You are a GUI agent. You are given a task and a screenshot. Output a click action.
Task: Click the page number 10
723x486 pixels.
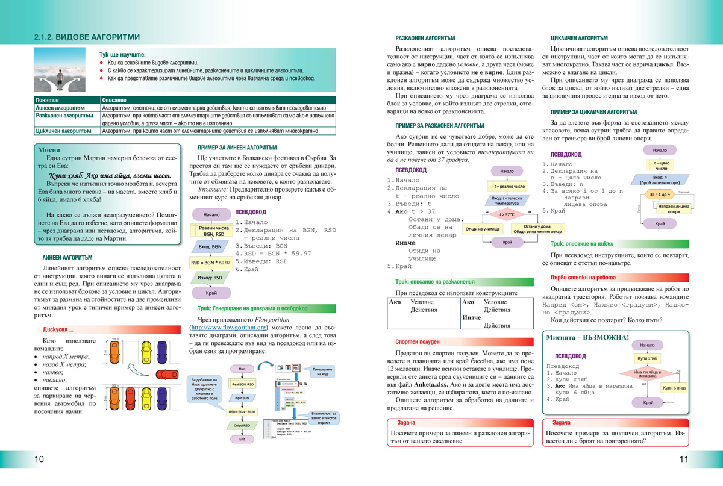[x=39, y=460]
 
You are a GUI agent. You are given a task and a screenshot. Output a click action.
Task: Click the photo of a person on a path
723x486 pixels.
[x=60, y=70]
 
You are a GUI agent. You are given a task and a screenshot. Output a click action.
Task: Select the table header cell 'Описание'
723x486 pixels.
[x=114, y=99]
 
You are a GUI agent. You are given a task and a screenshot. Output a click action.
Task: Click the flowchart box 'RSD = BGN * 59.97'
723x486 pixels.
[x=211, y=263]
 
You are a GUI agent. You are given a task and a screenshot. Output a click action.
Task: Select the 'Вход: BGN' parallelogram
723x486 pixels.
[x=210, y=246]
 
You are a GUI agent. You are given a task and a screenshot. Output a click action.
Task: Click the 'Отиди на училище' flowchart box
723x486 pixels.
[x=482, y=229]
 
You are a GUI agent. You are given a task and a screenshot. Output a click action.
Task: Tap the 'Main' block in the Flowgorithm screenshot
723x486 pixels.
[x=242, y=368]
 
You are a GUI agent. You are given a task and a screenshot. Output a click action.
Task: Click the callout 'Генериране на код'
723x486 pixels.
[x=322, y=370]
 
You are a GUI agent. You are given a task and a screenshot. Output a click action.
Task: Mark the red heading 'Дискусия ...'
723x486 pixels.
[x=58, y=329]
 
